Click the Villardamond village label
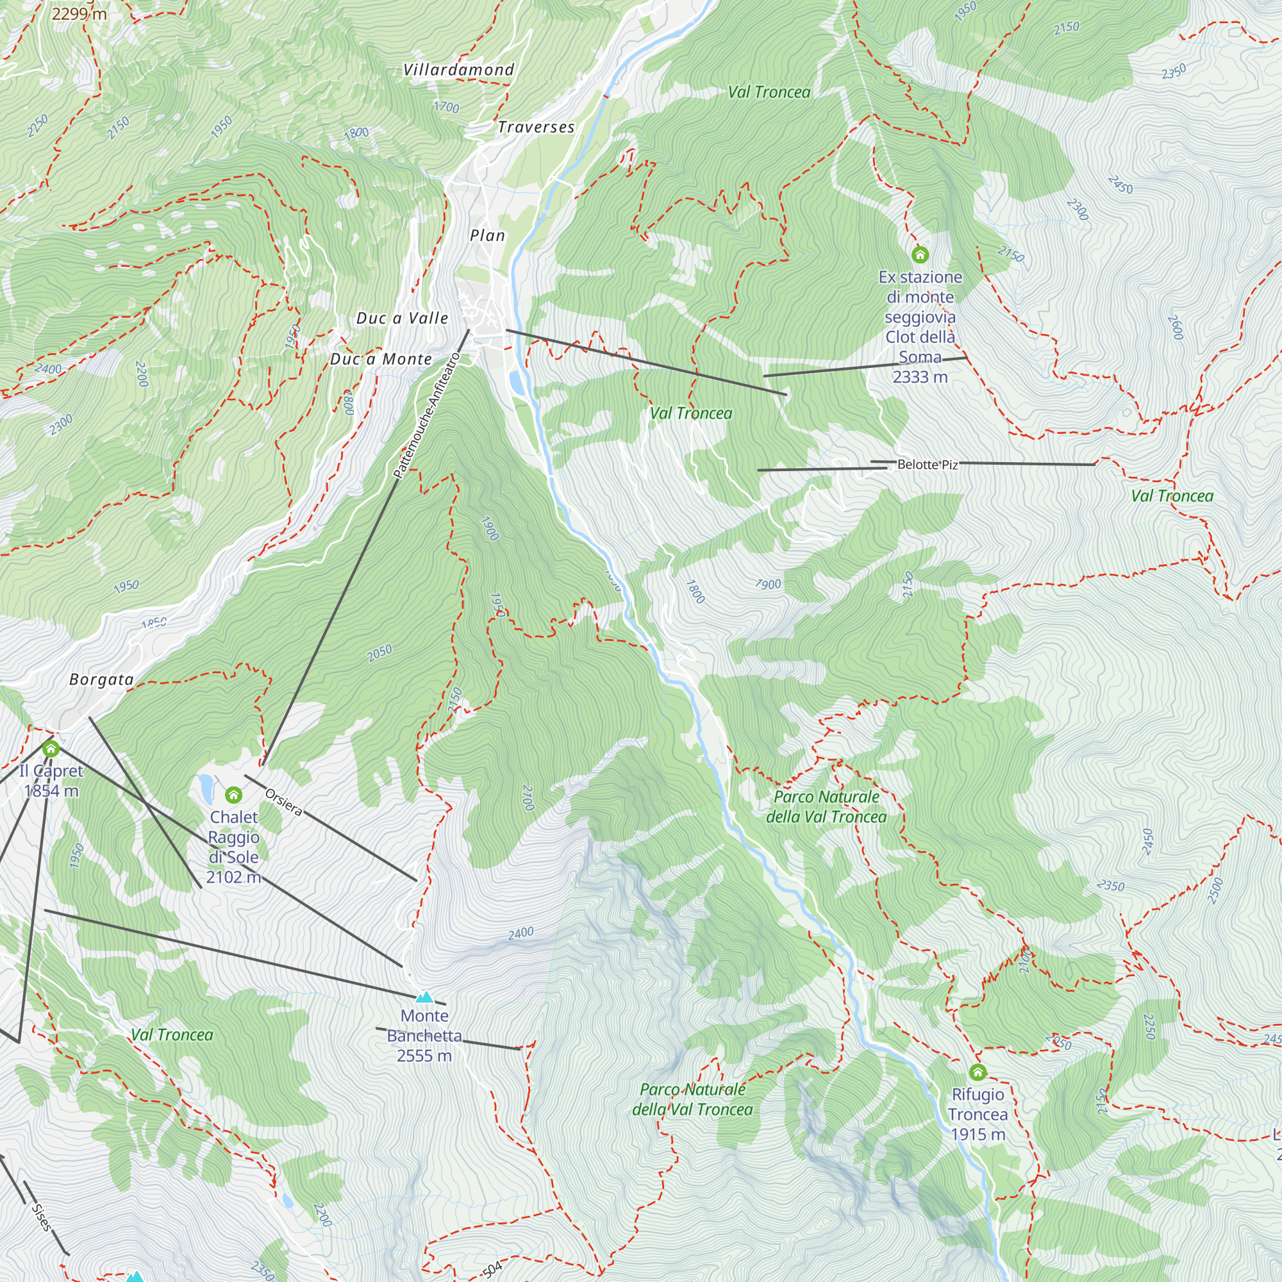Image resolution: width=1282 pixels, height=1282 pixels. tap(458, 70)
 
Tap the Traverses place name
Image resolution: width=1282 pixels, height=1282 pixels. tap(536, 128)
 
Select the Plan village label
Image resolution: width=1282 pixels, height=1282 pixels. tap(487, 235)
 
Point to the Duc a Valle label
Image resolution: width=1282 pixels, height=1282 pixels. tap(402, 319)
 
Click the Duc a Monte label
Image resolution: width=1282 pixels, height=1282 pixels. tap(381, 360)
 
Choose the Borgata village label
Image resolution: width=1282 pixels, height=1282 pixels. tap(101, 679)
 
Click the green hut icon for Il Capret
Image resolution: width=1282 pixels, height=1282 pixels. tap(51, 749)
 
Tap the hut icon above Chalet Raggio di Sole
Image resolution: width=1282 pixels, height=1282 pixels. tap(233, 794)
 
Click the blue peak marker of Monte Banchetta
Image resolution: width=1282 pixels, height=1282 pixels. tap(424, 997)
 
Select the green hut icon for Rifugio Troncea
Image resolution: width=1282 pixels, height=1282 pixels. tap(978, 1072)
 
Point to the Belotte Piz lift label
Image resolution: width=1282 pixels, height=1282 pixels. tap(927, 465)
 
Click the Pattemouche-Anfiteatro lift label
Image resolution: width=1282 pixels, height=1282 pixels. tap(426, 416)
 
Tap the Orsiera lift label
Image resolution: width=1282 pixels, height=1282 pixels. tap(283, 803)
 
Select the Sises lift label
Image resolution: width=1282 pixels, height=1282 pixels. tap(41, 1217)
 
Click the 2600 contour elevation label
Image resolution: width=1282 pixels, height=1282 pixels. tap(1175, 327)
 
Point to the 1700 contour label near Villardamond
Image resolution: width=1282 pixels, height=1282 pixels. tap(446, 107)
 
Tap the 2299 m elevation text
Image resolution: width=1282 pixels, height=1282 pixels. tap(79, 13)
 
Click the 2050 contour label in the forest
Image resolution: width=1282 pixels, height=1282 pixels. tap(379, 653)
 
